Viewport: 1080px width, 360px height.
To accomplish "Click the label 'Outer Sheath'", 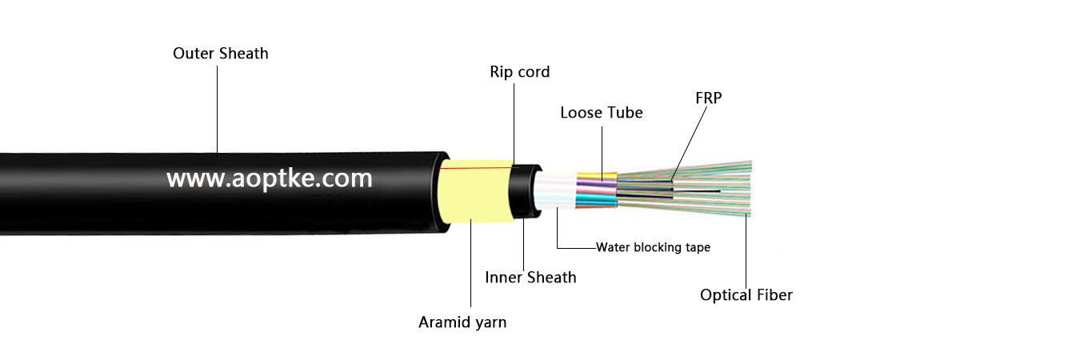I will pos(221,54).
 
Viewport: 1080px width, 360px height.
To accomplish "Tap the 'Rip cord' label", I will pos(520,72).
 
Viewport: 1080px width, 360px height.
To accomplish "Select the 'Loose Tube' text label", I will pos(602,113).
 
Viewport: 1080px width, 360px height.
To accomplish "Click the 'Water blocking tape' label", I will pos(653,247).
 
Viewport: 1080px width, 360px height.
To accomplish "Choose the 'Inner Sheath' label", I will pos(530,278).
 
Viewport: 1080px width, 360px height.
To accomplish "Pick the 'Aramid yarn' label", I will pos(462,322).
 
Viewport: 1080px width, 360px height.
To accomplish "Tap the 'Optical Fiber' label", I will pos(746,295).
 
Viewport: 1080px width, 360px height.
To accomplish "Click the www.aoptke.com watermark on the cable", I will pos(270,178).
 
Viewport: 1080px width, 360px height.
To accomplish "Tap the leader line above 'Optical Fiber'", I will pos(746,248).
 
